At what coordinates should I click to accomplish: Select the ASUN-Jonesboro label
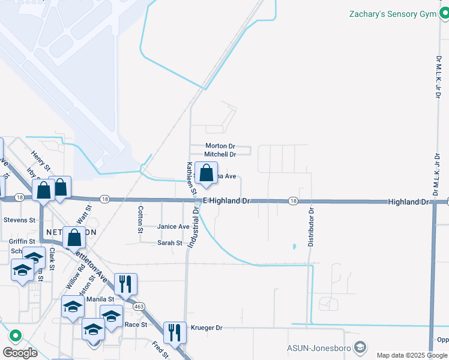pyautogui.click(x=318, y=347)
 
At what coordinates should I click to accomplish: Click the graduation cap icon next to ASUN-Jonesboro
pyautogui.click(x=360, y=347)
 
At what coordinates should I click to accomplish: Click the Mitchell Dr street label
pyautogui.click(x=220, y=154)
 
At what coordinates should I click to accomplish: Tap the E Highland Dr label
pyautogui.click(x=226, y=200)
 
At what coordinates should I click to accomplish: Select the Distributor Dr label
pyautogui.click(x=311, y=227)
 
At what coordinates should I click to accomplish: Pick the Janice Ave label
pyautogui.click(x=173, y=226)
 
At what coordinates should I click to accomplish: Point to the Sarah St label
pyautogui.click(x=170, y=243)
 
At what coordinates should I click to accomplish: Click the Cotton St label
pyautogui.click(x=140, y=220)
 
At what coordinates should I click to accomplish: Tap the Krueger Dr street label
pyautogui.click(x=206, y=328)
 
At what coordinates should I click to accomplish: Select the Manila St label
pyautogui.click(x=100, y=299)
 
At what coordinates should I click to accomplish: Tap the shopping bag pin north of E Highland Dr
pyautogui.click(x=206, y=174)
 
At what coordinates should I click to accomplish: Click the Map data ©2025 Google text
pyautogui.click(x=412, y=355)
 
